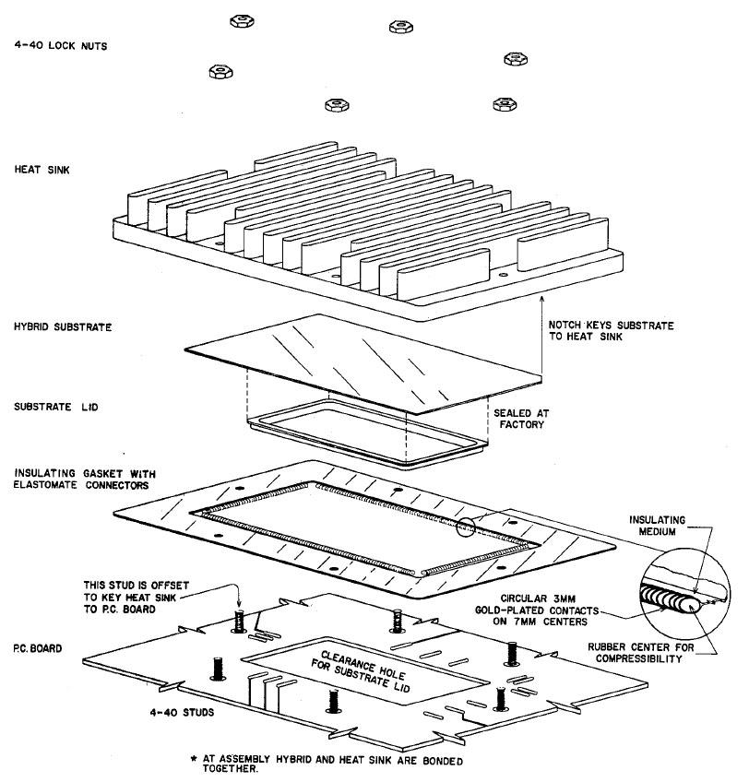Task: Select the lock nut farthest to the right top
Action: click(515, 59)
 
